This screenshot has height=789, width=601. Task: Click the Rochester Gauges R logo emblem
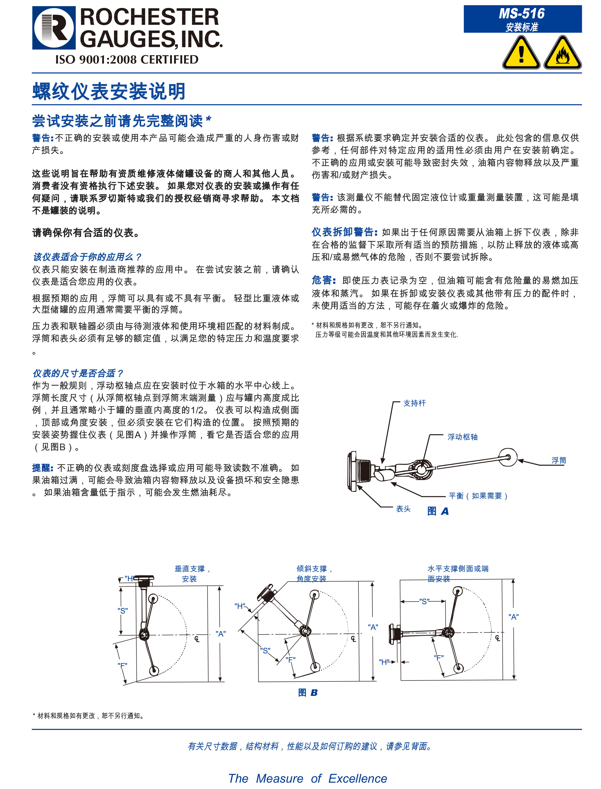coord(54,28)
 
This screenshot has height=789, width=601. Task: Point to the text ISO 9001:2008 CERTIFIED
coord(127,60)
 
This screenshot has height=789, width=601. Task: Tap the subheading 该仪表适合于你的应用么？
coord(87,257)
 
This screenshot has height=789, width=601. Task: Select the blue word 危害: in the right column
coord(324,280)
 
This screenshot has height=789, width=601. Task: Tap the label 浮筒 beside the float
coord(558,460)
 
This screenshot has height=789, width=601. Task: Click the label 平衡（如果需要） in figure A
coord(478,496)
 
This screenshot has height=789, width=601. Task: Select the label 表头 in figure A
coord(403,509)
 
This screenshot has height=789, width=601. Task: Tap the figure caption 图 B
coord(308,693)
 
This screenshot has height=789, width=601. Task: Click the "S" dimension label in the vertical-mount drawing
coord(123,611)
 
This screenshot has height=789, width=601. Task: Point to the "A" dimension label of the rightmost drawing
coord(513,617)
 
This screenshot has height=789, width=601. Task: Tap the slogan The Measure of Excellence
coord(308,778)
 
